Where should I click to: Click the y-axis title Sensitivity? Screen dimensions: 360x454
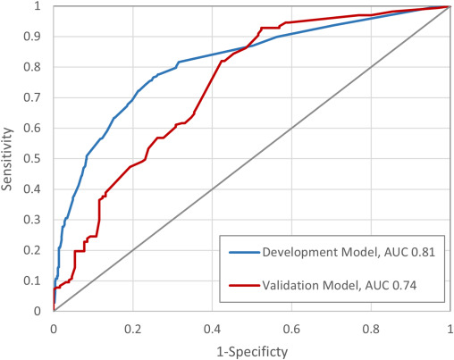point(10,157)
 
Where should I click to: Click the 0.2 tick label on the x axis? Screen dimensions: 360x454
point(133,327)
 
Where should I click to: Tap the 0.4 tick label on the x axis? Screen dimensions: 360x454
point(212,327)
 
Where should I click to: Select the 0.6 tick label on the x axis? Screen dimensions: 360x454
point(291,327)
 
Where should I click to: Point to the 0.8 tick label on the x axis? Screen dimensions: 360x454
point(370,327)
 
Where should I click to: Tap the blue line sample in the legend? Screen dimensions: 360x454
point(244,253)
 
